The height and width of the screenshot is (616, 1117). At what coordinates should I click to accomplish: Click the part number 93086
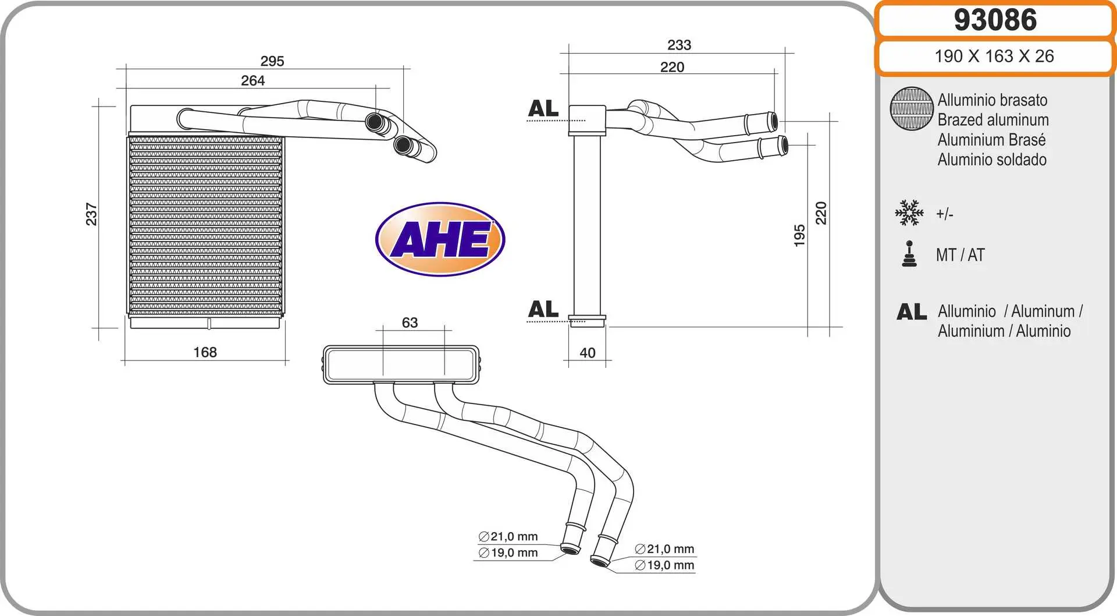tap(995, 20)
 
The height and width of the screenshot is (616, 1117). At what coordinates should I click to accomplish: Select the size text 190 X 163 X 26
tap(994, 56)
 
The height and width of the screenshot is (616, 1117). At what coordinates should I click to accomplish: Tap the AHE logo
tap(440, 239)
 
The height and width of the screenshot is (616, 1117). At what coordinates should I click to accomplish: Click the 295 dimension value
tap(272, 61)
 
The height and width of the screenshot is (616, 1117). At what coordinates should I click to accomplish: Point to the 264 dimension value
tap(253, 80)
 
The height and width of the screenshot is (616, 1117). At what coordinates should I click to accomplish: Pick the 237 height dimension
tap(91, 214)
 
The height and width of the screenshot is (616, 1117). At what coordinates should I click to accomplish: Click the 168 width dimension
tap(205, 352)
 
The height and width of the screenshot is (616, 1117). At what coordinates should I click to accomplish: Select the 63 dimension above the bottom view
tap(410, 323)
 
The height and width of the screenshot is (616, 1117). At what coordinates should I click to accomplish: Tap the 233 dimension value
tap(680, 45)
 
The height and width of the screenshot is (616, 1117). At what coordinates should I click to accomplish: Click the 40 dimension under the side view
tap(588, 353)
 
